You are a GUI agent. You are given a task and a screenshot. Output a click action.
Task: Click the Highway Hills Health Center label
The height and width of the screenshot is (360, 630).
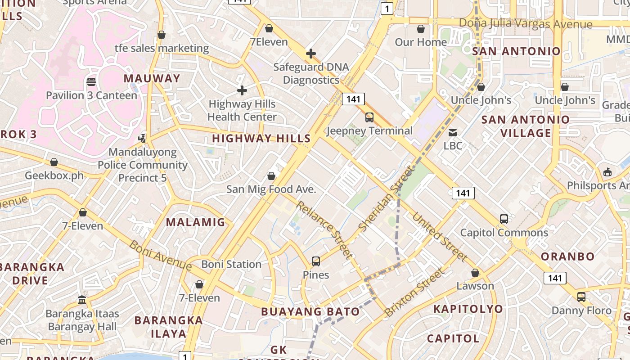[x=242, y=110]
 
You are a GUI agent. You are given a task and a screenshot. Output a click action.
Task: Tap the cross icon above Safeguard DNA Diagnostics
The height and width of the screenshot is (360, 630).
[x=310, y=54]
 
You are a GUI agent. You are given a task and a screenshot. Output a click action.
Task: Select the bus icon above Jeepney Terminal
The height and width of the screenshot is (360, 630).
[x=369, y=117]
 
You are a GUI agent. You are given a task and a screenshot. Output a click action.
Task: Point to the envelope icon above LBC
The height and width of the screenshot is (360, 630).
[x=453, y=132]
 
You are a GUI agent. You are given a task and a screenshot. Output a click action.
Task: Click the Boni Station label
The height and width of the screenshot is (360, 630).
[x=231, y=264]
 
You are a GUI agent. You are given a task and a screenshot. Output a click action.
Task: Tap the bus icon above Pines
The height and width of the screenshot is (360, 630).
[x=316, y=261]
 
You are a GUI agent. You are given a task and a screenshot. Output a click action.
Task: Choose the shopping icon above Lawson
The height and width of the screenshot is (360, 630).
[x=475, y=273]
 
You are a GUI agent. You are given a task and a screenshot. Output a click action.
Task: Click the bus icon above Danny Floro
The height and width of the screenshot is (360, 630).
[x=581, y=297]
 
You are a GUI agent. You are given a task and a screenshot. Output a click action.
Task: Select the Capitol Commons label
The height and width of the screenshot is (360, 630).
[x=504, y=233]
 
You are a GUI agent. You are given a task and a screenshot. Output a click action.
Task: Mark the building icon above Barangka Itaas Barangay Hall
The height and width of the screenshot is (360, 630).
[x=82, y=300]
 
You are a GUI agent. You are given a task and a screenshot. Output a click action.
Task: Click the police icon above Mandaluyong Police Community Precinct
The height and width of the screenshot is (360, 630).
[x=142, y=138]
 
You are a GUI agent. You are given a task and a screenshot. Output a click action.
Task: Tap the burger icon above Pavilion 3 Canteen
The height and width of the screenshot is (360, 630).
[x=91, y=82]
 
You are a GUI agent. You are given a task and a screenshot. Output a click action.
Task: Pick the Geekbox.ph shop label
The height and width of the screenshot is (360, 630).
[x=54, y=175]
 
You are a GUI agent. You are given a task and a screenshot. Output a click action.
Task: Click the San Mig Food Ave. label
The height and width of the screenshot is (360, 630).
[x=271, y=189]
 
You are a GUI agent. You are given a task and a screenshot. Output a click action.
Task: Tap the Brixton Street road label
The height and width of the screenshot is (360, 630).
[x=414, y=292]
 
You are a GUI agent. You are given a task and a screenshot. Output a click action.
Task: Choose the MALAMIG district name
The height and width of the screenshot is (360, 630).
[x=195, y=222]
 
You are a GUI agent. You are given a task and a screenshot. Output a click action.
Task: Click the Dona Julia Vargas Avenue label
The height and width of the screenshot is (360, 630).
[x=526, y=23]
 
